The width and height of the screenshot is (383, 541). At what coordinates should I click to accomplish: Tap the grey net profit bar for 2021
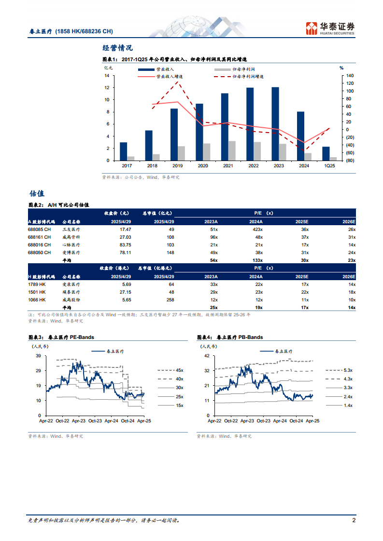coord(232,151)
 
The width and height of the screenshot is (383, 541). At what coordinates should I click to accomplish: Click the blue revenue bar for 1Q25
coord(326,153)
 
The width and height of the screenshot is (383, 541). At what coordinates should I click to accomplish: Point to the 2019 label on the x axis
coord(178,165)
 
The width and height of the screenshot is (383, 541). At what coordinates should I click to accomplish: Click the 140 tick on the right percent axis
coord(350,76)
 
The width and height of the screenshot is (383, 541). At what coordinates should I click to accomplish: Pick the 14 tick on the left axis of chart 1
coord(106,76)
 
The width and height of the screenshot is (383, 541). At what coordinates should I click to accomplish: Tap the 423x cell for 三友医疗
coord(257,229)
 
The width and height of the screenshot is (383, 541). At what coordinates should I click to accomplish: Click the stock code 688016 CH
coord(39,245)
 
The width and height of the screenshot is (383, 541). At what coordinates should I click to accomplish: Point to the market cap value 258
coord(170,299)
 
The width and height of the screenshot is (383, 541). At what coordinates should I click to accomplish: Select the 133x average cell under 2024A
coord(256,260)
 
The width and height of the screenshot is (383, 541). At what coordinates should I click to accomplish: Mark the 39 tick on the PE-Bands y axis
coord(38,356)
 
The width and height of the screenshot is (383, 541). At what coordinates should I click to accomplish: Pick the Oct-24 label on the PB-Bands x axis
coord(297,421)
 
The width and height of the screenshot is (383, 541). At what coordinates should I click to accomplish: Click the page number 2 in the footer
coord(354,521)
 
